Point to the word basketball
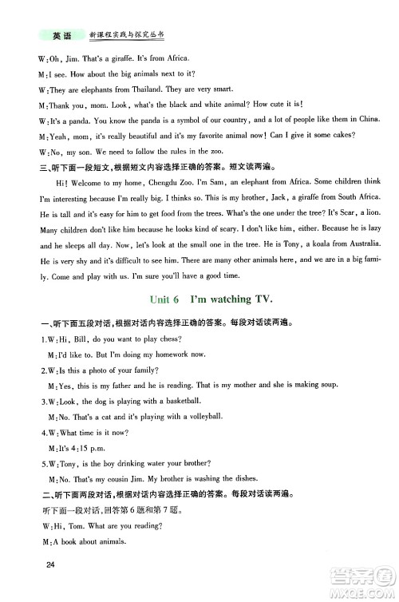coord(180,400)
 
